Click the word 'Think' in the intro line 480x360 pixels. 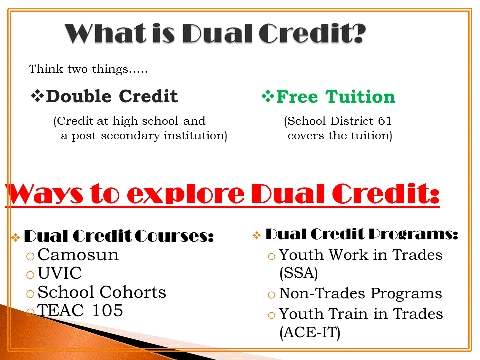click(x=46, y=69)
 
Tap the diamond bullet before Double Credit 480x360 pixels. click(x=37, y=96)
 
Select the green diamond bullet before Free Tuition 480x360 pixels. click(x=268, y=96)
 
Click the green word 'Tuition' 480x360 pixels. click(x=360, y=97)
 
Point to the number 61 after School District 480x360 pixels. click(x=385, y=121)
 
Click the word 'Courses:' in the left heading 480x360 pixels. click(x=174, y=236)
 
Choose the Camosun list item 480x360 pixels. click(x=78, y=255)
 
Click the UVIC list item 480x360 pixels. click(x=60, y=273)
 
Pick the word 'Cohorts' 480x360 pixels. click(x=133, y=292)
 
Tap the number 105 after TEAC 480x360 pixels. click(x=108, y=310)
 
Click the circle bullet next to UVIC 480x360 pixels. click(x=30, y=275)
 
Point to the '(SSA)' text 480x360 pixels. click(x=299, y=273)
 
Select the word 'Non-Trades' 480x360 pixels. click(x=322, y=293)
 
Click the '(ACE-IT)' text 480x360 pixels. click(x=310, y=333)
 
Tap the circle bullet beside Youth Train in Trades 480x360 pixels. click(x=271, y=315)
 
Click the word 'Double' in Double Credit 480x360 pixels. click(x=79, y=96)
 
